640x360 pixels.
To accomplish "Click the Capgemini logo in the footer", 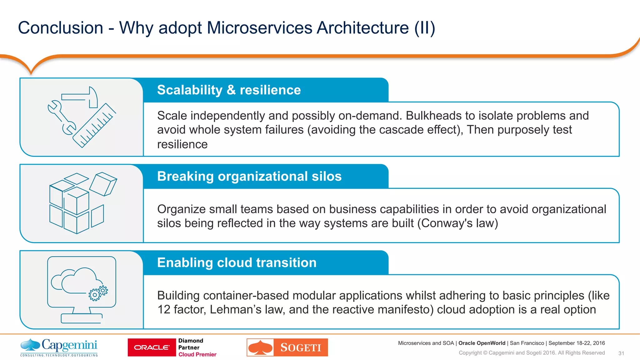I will click(x=59, y=347).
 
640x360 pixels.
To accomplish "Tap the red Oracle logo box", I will click(x=152, y=347).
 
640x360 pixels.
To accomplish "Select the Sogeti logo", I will click(x=287, y=347).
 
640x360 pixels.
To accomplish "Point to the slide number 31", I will click(x=621, y=353).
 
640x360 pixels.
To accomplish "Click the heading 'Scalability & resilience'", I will click(x=229, y=90).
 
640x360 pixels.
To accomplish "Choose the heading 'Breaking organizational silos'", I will click(x=249, y=176).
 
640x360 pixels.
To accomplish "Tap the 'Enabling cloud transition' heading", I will click(x=237, y=262).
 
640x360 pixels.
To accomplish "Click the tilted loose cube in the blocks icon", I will click(x=103, y=184).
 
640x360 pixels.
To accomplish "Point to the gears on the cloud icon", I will click(x=98, y=293).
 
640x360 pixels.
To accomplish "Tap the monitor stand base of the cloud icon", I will click(x=82, y=318).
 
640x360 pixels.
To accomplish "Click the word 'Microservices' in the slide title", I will click(x=259, y=28).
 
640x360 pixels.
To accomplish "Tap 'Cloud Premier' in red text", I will click(x=197, y=354).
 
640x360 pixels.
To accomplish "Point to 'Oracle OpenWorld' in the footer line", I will click(x=482, y=343).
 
